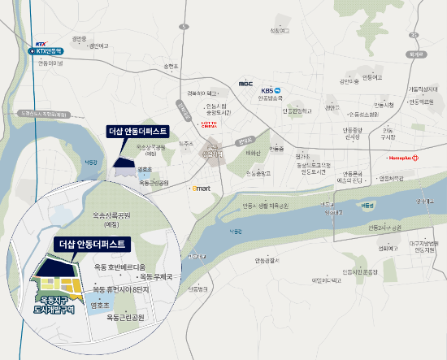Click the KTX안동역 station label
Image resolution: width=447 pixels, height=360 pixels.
click(x=50, y=50)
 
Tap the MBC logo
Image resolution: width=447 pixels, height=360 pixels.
click(x=245, y=83)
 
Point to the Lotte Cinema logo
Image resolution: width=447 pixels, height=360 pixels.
click(x=210, y=124)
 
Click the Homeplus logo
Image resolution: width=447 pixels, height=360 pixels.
click(x=404, y=158)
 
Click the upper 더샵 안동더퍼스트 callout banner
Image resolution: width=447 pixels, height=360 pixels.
click(x=137, y=131)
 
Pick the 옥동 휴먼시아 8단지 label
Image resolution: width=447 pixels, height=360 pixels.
click(x=122, y=288)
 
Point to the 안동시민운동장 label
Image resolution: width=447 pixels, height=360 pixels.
click(x=358, y=271)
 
